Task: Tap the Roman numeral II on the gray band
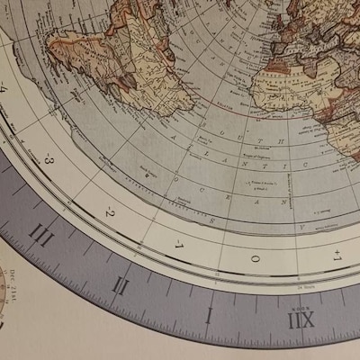tap(121, 285)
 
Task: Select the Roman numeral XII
tap(301, 320)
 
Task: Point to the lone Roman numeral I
tap(208, 315)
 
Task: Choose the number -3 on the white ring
tap(49, 162)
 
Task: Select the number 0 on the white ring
tap(255, 258)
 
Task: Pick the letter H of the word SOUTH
tap(282, 140)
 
